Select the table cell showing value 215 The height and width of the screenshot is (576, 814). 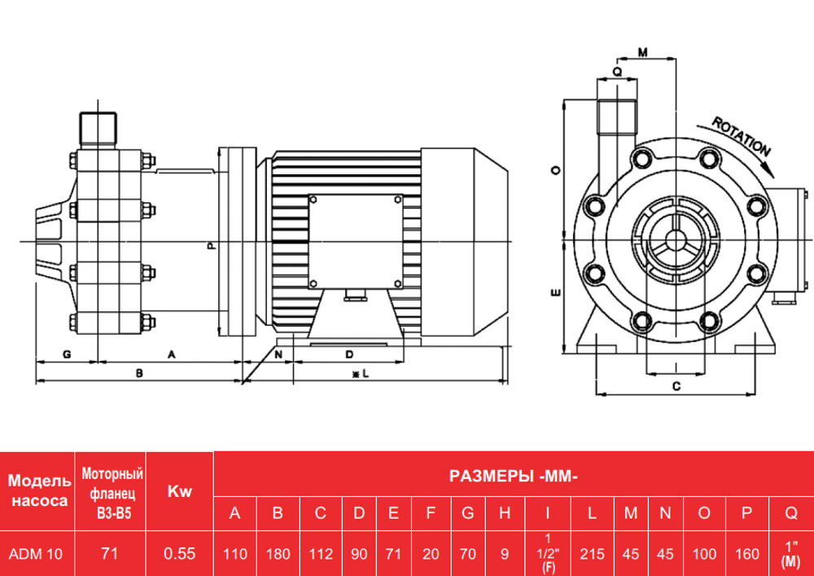click(x=592, y=554)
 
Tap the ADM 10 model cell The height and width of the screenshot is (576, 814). click(x=35, y=554)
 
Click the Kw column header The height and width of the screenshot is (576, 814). click(x=179, y=491)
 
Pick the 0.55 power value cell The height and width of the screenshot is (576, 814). click(x=179, y=554)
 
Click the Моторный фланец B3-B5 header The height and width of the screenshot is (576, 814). click(x=111, y=491)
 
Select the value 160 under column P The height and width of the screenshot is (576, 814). click(x=746, y=554)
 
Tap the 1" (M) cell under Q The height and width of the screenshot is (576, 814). click(x=790, y=554)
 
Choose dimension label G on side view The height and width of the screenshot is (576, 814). click(x=67, y=354)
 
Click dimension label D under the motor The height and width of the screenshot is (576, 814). click(x=348, y=354)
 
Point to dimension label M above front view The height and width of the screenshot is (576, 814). click(x=642, y=53)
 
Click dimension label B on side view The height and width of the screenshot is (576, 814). click(x=139, y=373)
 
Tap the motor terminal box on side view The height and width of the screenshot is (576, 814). click(x=355, y=241)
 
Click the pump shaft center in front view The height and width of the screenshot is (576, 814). click(x=675, y=242)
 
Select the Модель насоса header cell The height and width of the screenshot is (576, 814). click(x=37, y=491)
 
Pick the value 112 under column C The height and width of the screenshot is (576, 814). click(x=321, y=554)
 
